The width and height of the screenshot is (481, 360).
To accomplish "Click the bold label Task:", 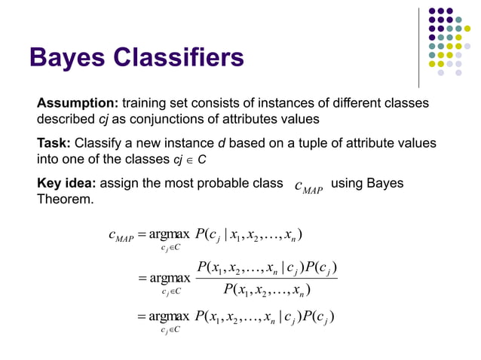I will pos(54,143).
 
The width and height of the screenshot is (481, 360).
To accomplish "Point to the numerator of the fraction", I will pos(265,267).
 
